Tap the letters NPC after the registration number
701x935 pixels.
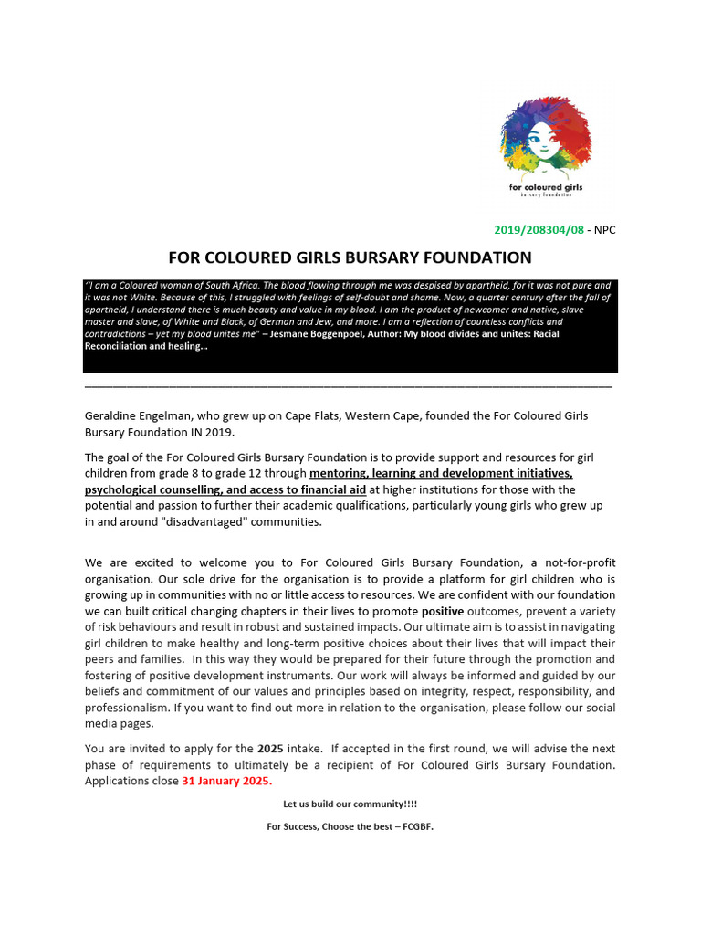(x=605, y=229)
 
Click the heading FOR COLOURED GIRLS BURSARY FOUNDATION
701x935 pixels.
(x=350, y=257)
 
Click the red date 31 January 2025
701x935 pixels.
(x=226, y=782)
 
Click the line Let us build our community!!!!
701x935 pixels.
(x=350, y=804)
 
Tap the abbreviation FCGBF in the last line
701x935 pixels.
(x=416, y=826)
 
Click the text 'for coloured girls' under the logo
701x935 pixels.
(x=546, y=187)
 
